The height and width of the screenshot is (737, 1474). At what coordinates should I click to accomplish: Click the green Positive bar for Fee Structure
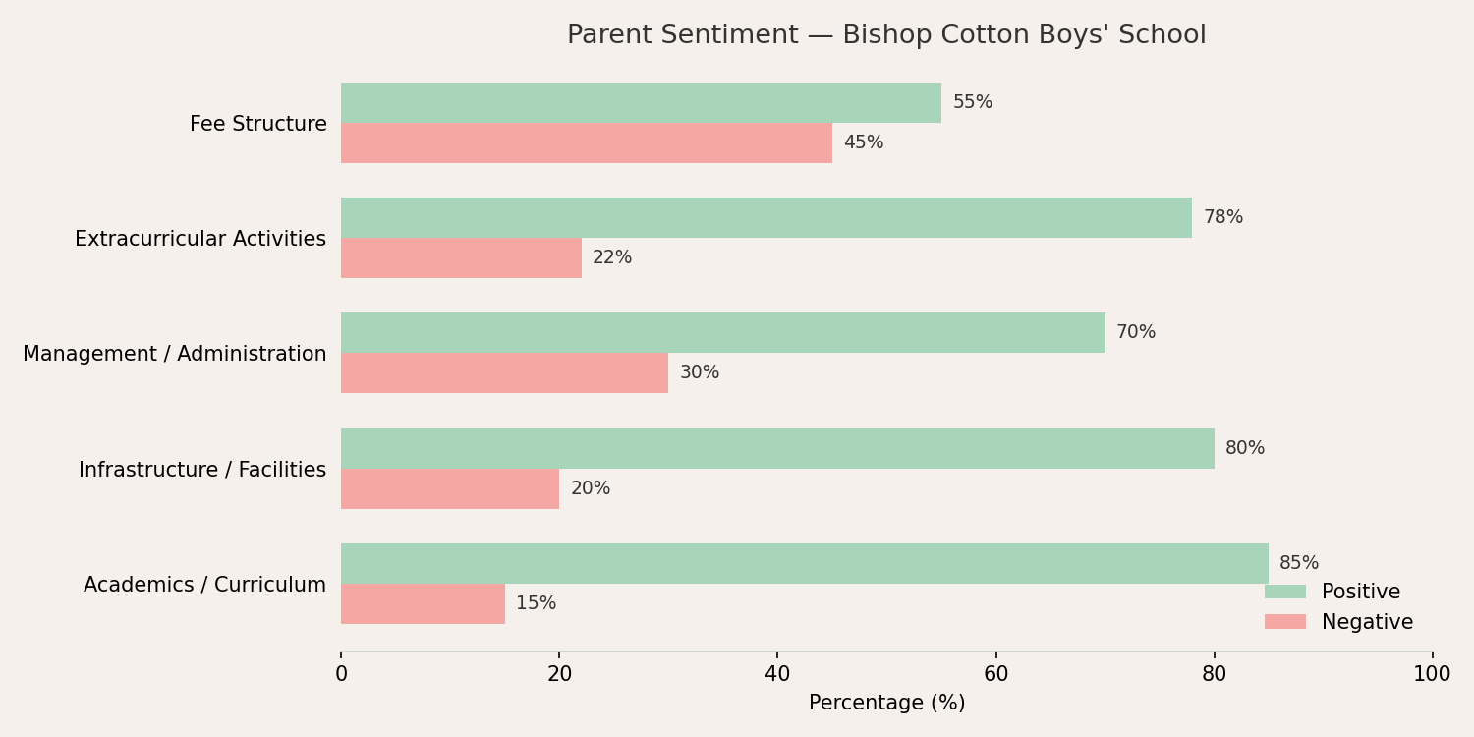point(641,102)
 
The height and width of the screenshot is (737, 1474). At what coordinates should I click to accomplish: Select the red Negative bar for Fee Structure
point(587,142)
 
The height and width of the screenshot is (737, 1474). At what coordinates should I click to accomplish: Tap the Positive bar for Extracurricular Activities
point(766,218)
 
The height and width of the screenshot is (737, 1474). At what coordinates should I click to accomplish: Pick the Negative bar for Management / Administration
point(505,373)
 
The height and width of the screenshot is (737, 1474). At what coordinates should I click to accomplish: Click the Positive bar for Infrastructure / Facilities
point(778,449)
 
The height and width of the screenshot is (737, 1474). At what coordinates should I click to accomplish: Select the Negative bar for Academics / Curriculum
point(424,604)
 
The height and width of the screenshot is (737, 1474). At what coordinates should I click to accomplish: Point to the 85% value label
point(1299,563)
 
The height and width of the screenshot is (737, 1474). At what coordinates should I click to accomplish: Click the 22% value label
point(612,257)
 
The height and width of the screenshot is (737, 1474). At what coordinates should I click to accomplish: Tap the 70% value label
point(1136,332)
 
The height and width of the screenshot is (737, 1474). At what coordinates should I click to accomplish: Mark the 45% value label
point(864,142)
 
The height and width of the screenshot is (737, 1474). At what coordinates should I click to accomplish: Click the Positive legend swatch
point(1285,592)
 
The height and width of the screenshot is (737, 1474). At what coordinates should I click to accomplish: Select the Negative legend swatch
point(1285,622)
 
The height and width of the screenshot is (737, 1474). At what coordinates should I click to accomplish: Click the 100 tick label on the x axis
point(1432,674)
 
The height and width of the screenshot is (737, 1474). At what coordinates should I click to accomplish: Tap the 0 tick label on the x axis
point(341,674)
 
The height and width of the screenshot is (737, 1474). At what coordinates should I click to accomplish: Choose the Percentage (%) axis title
point(886,703)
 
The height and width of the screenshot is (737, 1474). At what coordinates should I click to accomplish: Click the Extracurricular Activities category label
point(200,239)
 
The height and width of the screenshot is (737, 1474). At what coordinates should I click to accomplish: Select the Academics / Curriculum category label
point(204,585)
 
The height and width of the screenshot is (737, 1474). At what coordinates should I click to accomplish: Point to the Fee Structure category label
point(257,124)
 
